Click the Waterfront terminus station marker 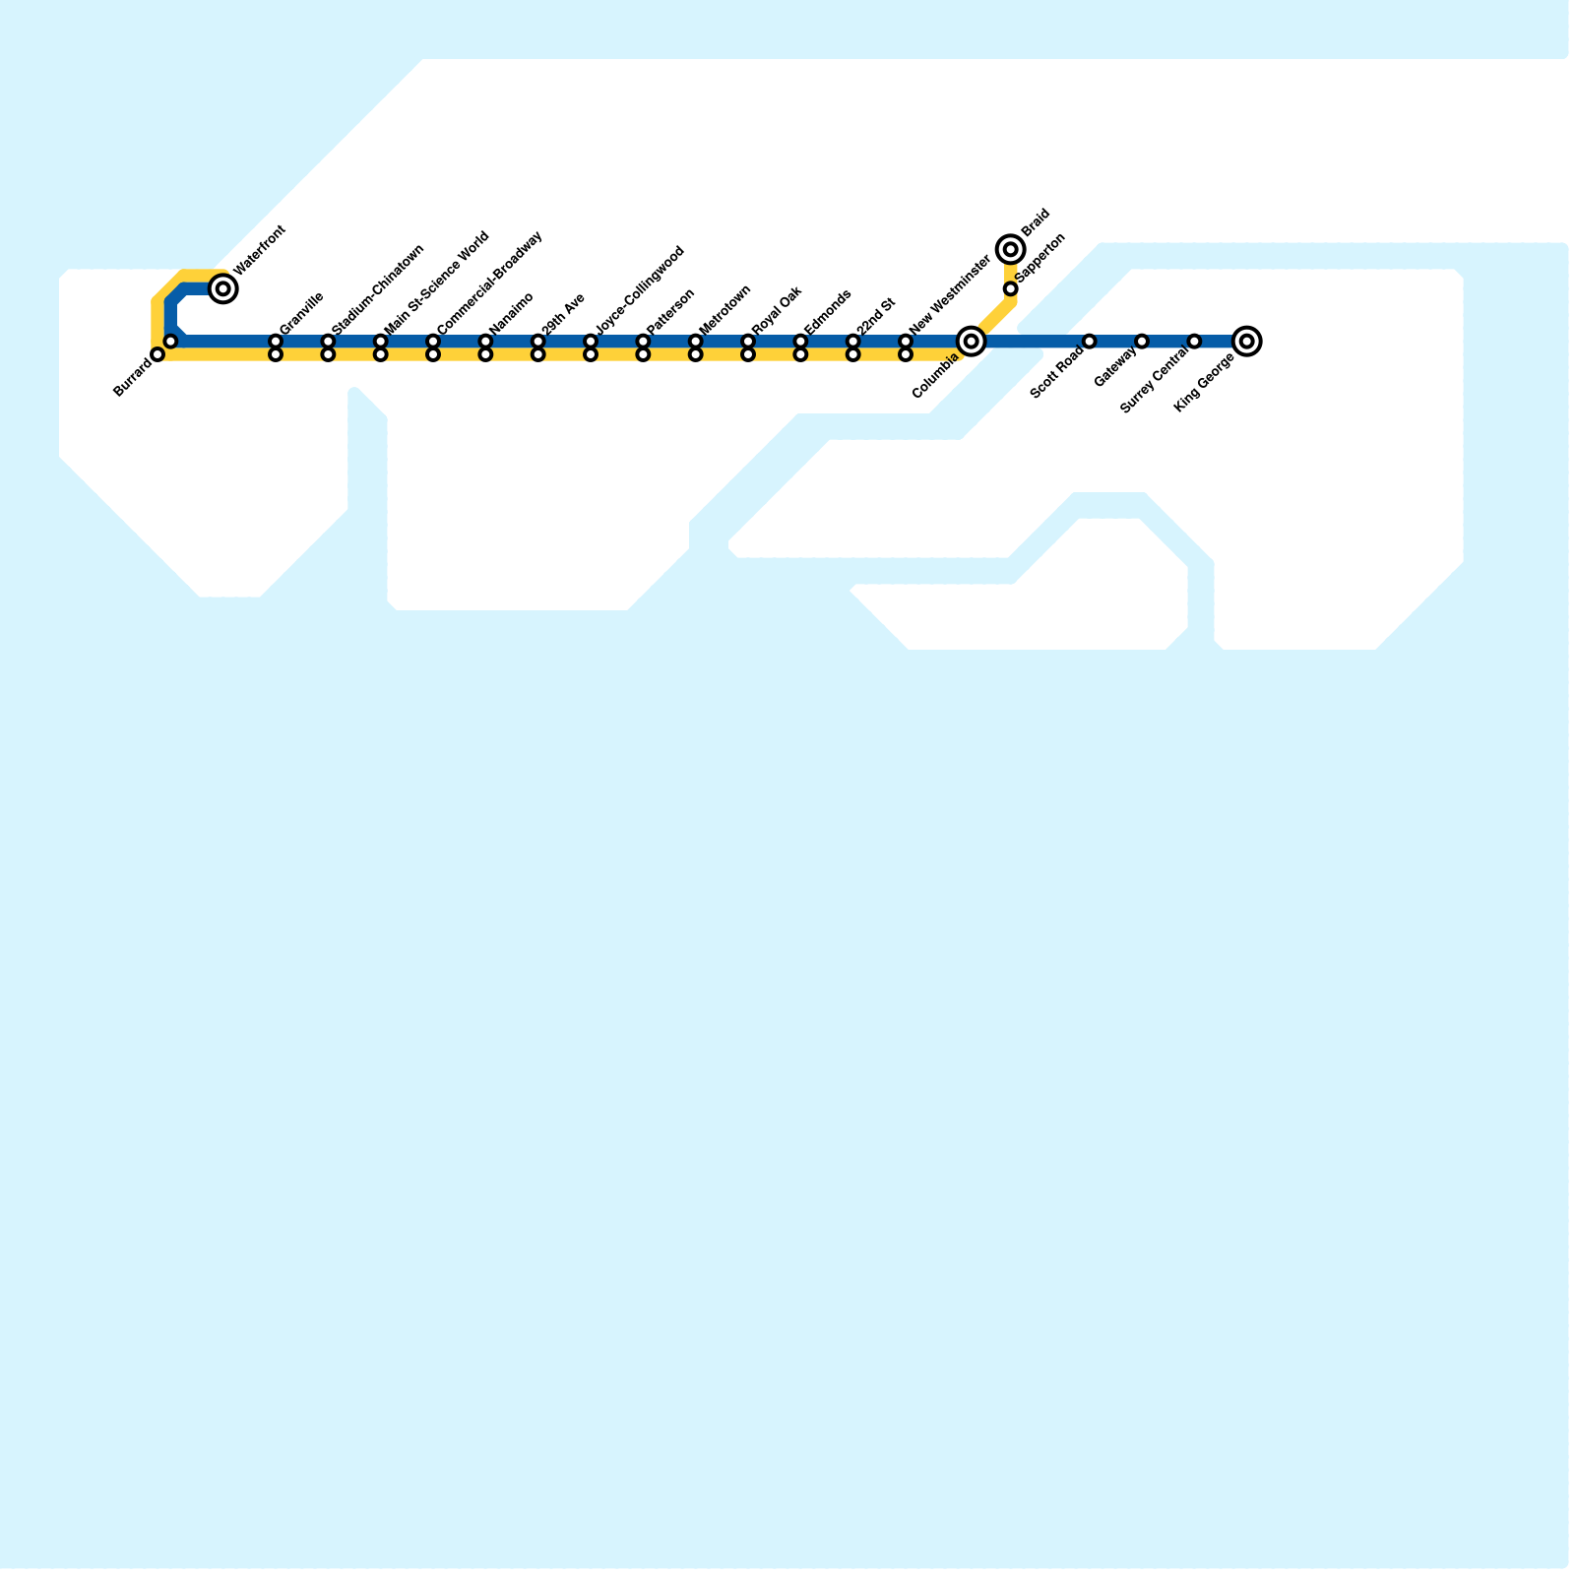coord(223,288)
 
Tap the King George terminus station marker coord(1246,342)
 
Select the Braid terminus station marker coord(1010,249)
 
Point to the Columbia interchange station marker coord(972,342)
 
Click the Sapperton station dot coord(1010,288)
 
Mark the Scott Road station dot coord(1089,342)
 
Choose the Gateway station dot coord(1142,342)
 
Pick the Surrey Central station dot coord(1194,342)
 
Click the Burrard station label coord(133,378)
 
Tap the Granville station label coord(301,313)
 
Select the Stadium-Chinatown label coord(378,288)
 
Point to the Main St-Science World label coord(436,283)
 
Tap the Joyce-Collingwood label coord(640,286)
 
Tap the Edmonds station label coord(828,311)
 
